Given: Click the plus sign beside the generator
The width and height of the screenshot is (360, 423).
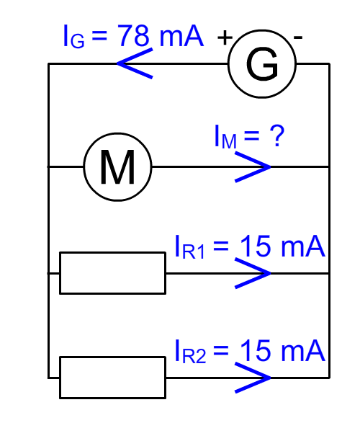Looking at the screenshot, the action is [x=225, y=37].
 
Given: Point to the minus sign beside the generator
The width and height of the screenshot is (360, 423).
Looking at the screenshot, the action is [x=298, y=37].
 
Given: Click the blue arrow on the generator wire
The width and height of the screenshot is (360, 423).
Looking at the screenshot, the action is [x=135, y=63].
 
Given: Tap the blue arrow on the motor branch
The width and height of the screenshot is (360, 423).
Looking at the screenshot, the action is [x=253, y=167].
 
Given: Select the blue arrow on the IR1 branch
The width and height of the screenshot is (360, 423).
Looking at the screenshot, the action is [x=253, y=273].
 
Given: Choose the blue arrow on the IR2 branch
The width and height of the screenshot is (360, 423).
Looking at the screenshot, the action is [x=253, y=378].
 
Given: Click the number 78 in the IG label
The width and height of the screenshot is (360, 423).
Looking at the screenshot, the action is [x=133, y=35].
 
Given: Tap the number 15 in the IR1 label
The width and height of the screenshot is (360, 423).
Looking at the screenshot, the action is [x=255, y=246].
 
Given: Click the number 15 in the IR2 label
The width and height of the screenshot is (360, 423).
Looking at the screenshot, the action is [x=255, y=350].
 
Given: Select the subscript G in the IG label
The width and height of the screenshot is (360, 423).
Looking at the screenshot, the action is [x=77, y=41].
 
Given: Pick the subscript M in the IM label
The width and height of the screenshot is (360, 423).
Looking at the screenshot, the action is [x=229, y=141].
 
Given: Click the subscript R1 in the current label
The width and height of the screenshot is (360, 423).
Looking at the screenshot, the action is [x=193, y=251].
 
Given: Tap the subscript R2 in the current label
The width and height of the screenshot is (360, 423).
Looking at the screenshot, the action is [x=194, y=356].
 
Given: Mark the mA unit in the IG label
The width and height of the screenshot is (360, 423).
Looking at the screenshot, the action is [x=181, y=36].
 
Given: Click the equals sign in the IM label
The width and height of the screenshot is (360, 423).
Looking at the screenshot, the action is [x=251, y=136].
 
